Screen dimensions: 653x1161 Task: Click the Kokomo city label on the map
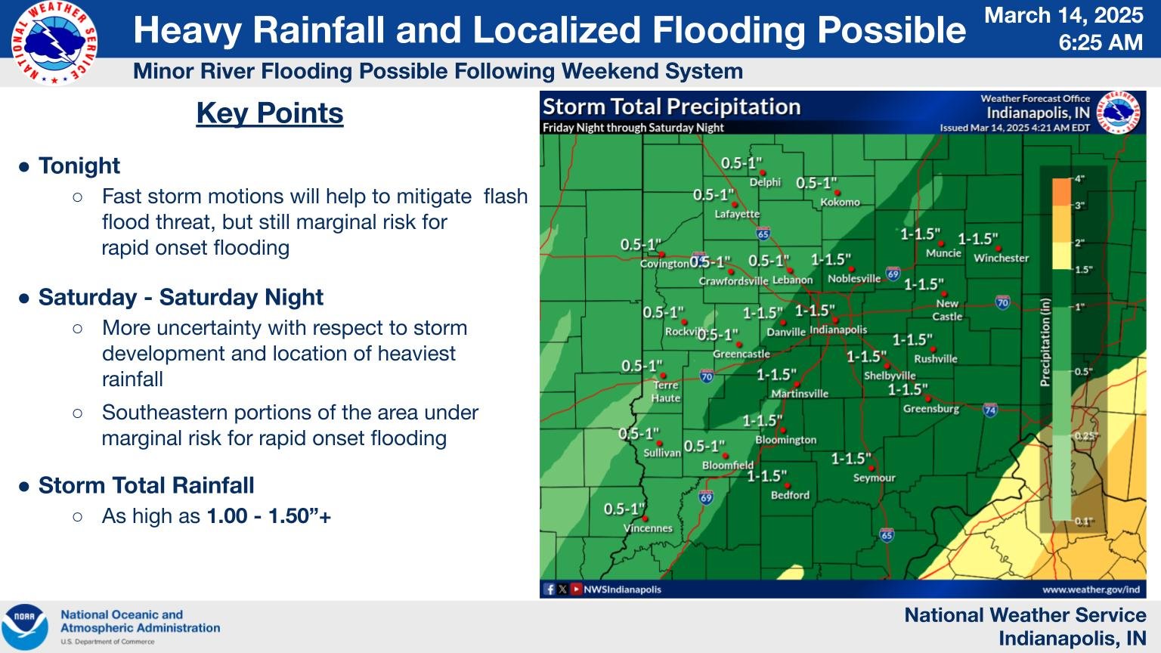(840, 203)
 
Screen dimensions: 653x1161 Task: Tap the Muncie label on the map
(943, 253)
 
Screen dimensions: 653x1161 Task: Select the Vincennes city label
(648, 528)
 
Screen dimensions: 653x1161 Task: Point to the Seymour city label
(874, 478)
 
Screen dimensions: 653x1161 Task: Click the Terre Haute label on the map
(666, 391)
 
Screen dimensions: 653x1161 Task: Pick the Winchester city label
(1001, 258)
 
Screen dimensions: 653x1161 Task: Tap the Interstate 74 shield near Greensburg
(989, 410)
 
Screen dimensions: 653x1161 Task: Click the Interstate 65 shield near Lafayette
(763, 234)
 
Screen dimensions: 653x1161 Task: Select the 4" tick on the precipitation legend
(1079, 179)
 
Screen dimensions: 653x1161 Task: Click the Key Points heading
(270, 113)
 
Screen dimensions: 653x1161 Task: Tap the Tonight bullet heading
(79, 166)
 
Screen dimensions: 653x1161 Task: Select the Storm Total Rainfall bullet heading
(146, 485)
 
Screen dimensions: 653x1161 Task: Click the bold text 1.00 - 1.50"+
(268, 516)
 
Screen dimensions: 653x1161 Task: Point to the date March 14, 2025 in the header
(1063, 15)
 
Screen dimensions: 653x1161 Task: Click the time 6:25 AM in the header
(1101, 42)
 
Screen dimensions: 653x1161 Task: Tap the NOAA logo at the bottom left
(24, 627)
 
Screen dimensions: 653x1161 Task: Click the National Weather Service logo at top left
(54, 43)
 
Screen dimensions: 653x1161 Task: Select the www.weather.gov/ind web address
(1091, 590)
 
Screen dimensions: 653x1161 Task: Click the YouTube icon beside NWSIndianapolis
(576, 590)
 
